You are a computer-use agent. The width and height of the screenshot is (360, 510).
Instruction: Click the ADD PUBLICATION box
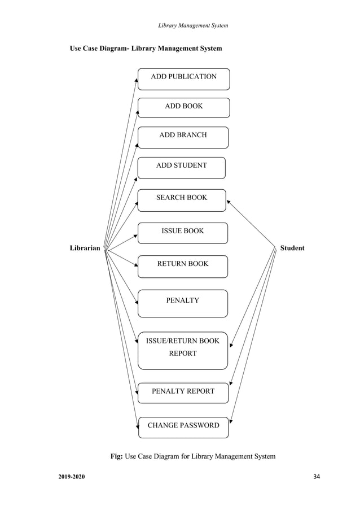pyautogui.click(x=183, y=79)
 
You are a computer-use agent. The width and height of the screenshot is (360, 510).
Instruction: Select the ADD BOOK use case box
pyautogui.click(x=183, y=107)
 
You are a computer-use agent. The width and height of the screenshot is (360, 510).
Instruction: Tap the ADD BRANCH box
pyautogui.click(x=183, y=137)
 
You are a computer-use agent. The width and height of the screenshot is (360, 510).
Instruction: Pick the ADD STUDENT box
pyautogui.click(x=181, y=167)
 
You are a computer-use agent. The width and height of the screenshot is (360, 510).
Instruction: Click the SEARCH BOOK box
pyautogui.click(x=182, y=200)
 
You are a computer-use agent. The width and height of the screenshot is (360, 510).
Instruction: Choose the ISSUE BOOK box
pyautogui.click(x=183, y=233)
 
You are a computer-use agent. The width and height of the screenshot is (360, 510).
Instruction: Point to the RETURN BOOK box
pyautogui.click(x=183, y=266)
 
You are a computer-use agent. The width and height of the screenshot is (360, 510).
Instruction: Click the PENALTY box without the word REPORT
pyautogui.click(x=183, y=303)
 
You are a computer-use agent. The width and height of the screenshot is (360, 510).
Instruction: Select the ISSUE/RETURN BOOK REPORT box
pyautogui.click(x=183, y=350)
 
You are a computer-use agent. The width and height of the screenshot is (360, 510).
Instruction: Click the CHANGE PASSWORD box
pyautogui.click(x=183, y=427)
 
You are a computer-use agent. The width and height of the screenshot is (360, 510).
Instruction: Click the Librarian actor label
pyautogui.click(x=85, y=248)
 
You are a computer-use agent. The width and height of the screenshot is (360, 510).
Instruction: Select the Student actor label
pyautogui.click(x=292, y=248)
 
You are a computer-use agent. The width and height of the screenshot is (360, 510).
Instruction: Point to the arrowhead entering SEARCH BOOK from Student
pyautogui.click(x=229, y=201)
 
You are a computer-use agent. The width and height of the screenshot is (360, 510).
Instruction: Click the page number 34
pyautogui.click(x=316, y=478)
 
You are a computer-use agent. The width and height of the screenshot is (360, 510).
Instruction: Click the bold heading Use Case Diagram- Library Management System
pyautogui.click(x=146, y=49)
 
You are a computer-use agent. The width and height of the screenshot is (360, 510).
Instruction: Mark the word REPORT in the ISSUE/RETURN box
pyautogui.click(x=183, y=354)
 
